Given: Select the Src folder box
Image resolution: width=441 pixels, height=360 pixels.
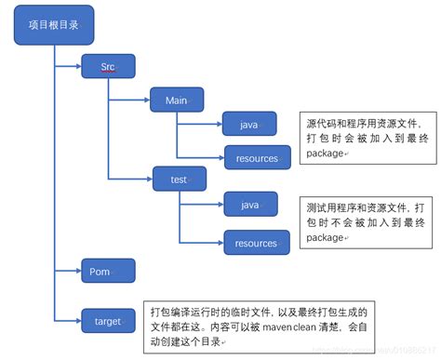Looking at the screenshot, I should coord(108,66).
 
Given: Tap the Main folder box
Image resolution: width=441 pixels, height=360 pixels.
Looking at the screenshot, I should coord(177,100).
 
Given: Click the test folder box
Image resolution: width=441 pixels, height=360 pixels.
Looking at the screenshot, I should coord(179,178).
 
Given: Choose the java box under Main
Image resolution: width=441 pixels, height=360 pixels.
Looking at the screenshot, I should coord(249,124).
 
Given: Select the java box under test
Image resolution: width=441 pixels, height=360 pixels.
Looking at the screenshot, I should coord(249,204).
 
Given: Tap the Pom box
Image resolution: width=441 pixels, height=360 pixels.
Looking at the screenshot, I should coord(108,272).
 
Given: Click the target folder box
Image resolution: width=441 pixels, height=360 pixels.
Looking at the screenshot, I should coord(108,322).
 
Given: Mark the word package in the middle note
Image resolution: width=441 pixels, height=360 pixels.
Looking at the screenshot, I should coord(325,237).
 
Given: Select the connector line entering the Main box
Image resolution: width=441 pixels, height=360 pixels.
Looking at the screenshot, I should coord(130,100).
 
